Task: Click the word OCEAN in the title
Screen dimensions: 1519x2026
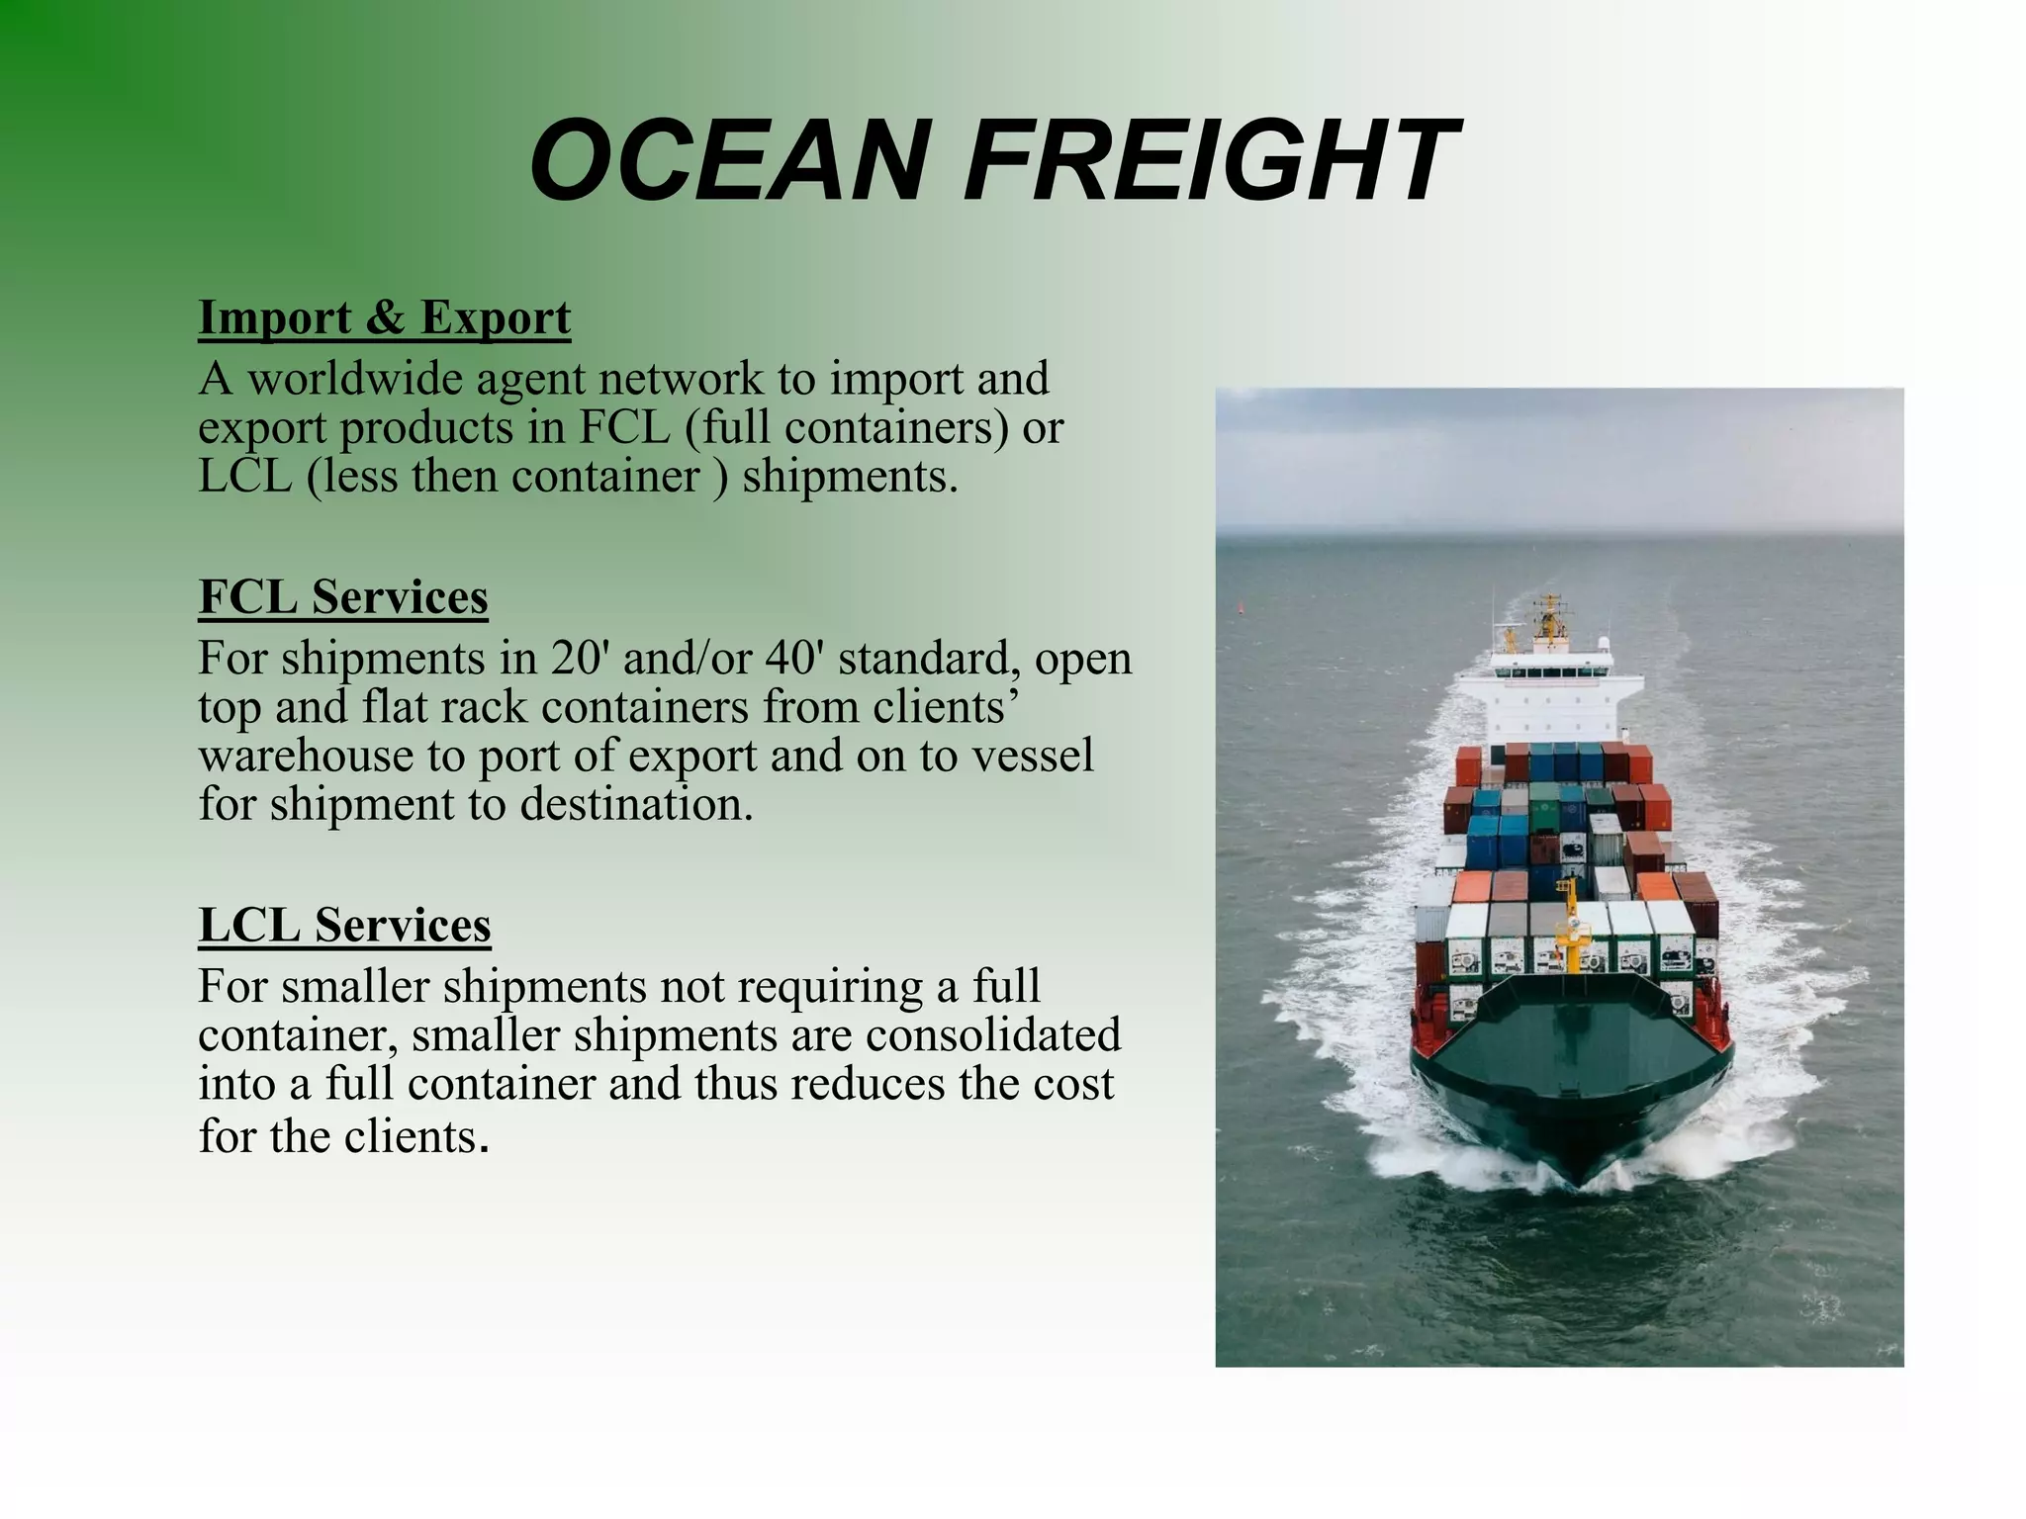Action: [727, 160]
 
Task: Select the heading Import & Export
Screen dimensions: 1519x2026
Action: [384, 317]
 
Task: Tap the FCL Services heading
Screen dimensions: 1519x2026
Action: [342, 596]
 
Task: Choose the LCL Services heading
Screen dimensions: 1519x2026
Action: [344, 925]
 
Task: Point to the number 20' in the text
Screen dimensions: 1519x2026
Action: [576, 658]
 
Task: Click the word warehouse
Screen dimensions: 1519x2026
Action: [306, 756]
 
